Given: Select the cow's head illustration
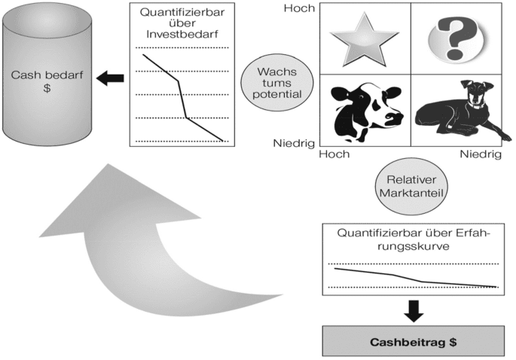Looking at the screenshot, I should pyautogui.click(x=366, y=110).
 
